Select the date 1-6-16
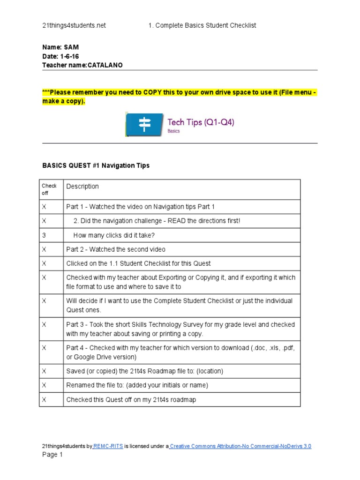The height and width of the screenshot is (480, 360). click(69, 57)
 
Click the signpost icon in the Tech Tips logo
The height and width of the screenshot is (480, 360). click(145, 124)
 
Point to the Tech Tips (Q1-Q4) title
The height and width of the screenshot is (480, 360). click(201, 122)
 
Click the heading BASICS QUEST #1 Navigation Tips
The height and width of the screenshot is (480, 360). click(96, 165)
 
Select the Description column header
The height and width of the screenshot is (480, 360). click(82, 187)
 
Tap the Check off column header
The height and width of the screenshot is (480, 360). click(49, 189)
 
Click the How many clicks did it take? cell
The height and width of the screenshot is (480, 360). click(114, 235)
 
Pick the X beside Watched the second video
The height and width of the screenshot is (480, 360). click(44, 249)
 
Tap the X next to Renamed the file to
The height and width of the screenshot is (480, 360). click(44, 385)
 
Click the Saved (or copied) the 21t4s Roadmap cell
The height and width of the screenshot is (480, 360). click(145, 371)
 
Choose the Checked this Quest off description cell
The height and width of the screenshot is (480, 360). click(131, 400)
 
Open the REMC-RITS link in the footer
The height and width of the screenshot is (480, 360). click(109, 446)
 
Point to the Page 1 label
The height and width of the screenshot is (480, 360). click(52, 455)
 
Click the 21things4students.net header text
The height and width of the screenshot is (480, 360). click(74, 25)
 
